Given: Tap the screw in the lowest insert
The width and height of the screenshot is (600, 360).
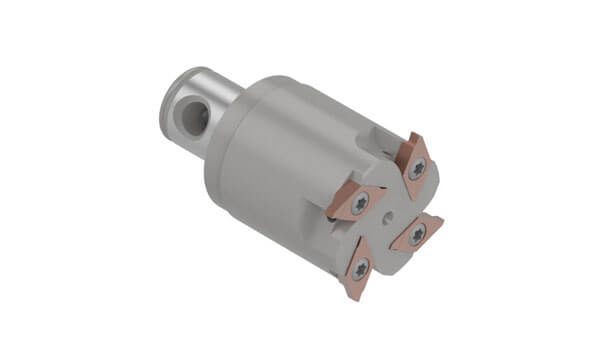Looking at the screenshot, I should coord(361,266).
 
